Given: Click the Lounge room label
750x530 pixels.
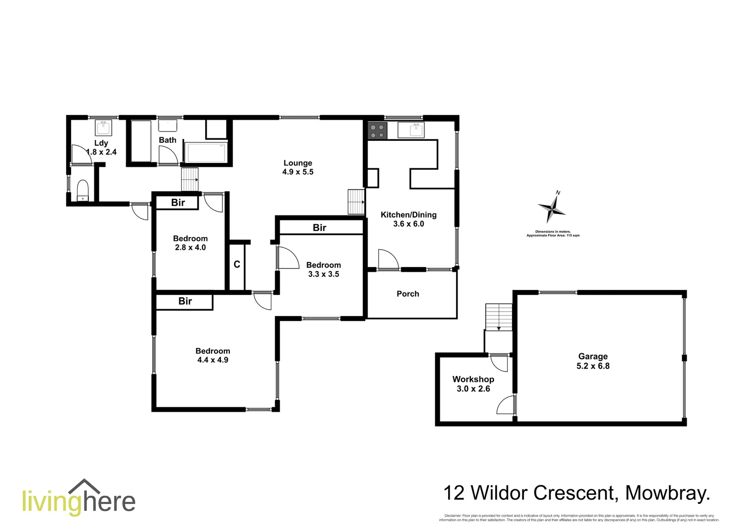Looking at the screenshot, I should click(x=297, y=163).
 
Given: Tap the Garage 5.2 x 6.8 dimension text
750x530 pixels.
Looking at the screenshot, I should click(x=593, y=366).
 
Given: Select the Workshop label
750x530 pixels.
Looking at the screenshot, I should click(x=473, y=379).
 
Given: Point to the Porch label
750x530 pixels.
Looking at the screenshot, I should click(x=408, y=294).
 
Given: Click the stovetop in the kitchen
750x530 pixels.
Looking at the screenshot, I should click(x=377, y=131).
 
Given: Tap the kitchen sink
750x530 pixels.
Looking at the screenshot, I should click(x=411, y=130).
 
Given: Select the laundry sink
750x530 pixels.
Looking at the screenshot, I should click(x=103, y=129).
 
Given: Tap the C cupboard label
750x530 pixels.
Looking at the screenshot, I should click(x=237, y=265).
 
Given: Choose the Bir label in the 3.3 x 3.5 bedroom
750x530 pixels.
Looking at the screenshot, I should click(x=320, y=228).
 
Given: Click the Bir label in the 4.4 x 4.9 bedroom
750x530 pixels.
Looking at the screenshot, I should click(x=185, y=301).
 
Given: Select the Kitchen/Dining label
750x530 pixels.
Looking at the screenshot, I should click(x=408, y=215).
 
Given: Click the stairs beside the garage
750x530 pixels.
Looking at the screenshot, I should click(x=499, y=317).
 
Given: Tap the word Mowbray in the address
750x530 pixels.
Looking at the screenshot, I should click(x=667, y=493).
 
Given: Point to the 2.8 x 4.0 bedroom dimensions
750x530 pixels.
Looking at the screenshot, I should click(x=190, y=248).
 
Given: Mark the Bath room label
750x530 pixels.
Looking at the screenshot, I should click(x=167, y=140).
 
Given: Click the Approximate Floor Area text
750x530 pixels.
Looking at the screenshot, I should click(x=553, y=236).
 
